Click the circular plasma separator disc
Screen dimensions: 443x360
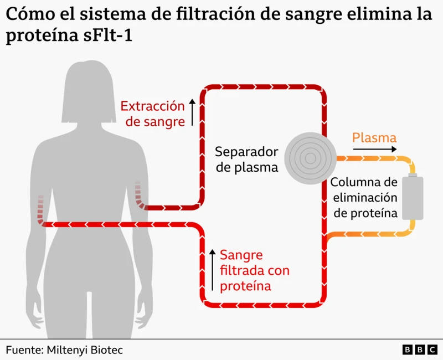click(310, 158)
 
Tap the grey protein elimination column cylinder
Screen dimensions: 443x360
click(413, 197)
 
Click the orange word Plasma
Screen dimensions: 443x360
click(374, 137)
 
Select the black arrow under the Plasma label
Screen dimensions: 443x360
click(375, 149)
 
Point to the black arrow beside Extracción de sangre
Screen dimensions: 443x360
click(192, 112)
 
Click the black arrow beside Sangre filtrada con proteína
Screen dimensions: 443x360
click(212, 270)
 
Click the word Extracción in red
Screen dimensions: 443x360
click(153, 106)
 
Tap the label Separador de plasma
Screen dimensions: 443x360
click(246, 160)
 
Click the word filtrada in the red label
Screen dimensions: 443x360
click(242, 270)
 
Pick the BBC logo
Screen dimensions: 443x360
click(420, 350)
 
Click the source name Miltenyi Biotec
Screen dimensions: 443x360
click(85, 350)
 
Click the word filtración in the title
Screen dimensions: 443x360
click(215, 14)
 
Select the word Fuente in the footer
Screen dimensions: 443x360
click(24, 350)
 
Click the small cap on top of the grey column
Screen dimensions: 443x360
click(413, 175)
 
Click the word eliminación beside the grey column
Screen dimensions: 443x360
click(365, 198)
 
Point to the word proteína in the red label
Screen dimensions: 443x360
click(245, 286)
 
